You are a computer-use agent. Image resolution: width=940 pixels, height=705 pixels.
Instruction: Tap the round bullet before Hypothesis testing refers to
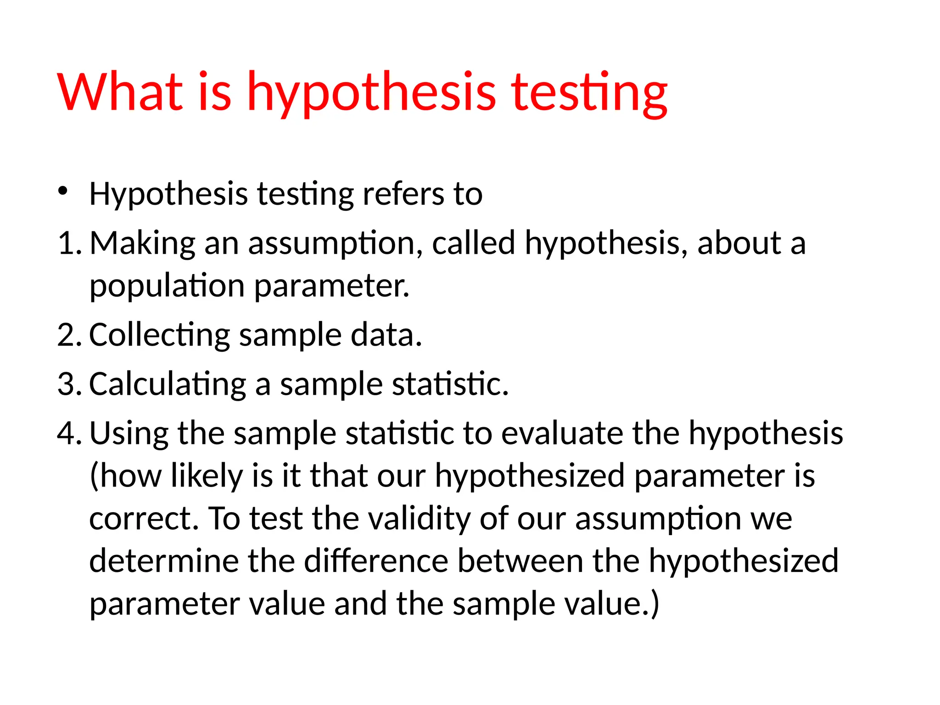tap(63, 191)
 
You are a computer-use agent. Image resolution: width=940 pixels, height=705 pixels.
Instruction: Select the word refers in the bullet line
tap(403, 194)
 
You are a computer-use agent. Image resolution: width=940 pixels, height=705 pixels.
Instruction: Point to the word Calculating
tap(168, 385)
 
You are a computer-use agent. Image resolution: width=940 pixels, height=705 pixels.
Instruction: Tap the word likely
tap(207, 476)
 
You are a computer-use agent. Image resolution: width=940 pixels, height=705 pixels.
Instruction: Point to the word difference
tap(376, 561)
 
